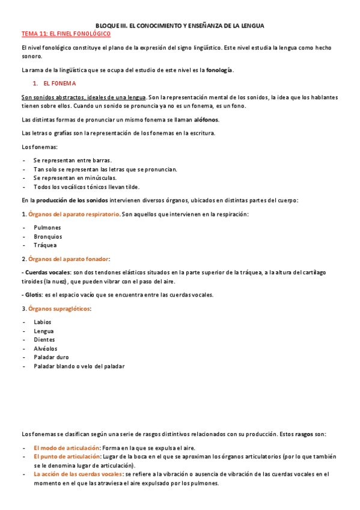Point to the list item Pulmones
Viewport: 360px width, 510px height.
[x=47, y=228]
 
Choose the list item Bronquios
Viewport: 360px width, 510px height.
[x=49, y=236]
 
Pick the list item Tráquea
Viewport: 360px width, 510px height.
[x=46, y=245]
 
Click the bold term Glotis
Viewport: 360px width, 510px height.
[x=34, y=295]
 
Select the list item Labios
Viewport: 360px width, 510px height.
[x=43, y=322]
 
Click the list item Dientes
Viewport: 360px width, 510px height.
[x=44, y=339]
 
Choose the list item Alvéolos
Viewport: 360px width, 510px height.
[x=46, y=348]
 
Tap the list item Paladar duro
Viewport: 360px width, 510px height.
[x=51, y=357]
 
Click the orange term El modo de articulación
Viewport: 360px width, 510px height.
[x=66, y=448]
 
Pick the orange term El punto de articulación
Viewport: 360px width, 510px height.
[x=67, y=456]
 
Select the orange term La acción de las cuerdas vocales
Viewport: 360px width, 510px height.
[x=78, y=474]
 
